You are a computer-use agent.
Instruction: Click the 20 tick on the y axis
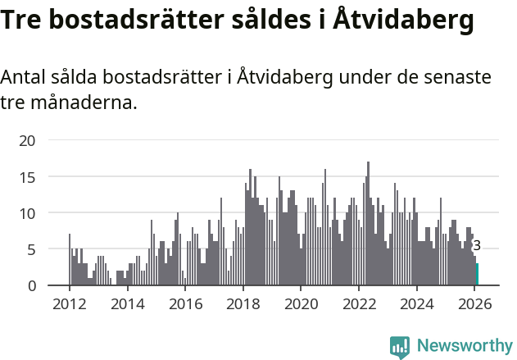pyautogui.click(x=27, y=141)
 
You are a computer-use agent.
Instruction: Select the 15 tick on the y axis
pyautogui.click(x=27, y=177)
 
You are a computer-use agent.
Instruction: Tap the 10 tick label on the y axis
pyautogui.click(x=27, y=213)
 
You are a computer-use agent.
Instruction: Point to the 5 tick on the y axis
pyautogui.click(x=31, y=249)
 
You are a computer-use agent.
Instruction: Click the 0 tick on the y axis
pyautogui.click(x=31, y=285)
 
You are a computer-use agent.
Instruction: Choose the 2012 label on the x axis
pyautogui.click(x=69, y=304)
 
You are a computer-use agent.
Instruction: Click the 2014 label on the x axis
pyautogui.click(x=127, y=304)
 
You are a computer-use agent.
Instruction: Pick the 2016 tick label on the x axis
pyautogui.click(x=185, y=304)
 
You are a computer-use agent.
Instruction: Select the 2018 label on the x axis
pyautogui.click(x=243, y=304)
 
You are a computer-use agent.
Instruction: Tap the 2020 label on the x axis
pyautogui.click(x=301, y=304)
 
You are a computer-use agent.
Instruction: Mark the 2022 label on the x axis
pyautogui.click(x=359, y=304)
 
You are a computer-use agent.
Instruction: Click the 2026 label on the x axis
pyautogui.click(x=475, y=304)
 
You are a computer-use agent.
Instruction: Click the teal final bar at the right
pyautogui.click(x=478, y=275)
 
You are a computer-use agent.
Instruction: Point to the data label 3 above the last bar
pyautogui.click(x=477, y=245)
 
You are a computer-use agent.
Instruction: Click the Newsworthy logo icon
pyautogui.click(x=400, y=346)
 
